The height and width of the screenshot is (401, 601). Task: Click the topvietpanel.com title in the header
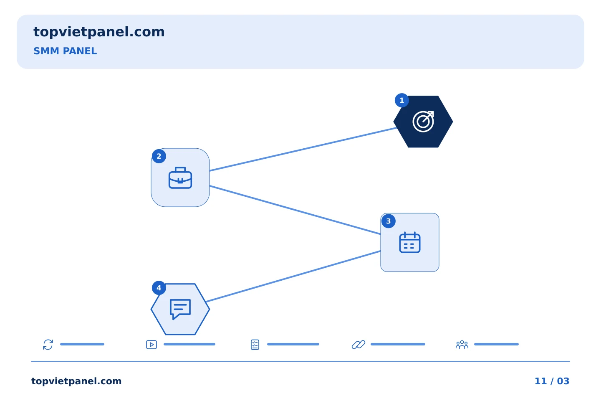[99, 32]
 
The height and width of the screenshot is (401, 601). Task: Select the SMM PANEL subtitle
[65, 51]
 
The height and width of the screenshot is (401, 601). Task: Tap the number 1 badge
[402, 100]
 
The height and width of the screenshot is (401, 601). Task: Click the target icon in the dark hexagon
[423, 122]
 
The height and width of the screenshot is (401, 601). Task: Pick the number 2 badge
[159, 156]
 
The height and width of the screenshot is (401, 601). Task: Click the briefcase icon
[180, 178]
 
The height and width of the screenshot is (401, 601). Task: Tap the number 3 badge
[388, 221]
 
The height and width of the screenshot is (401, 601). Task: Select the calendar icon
[410, 242]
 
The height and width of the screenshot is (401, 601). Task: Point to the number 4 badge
[159, 288]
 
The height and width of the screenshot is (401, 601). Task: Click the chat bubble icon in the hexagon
[180, 309]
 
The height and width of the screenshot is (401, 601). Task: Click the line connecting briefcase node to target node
[303, 150]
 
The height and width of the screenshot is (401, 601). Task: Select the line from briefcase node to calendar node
[295, 210]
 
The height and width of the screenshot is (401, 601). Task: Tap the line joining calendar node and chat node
[293, 277]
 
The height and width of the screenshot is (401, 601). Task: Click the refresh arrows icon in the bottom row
[48, 345]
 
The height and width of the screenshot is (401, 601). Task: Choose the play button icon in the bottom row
[152, 345]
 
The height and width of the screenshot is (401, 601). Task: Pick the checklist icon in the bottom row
[255, 345]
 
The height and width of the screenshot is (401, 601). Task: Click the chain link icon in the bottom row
[359, 345]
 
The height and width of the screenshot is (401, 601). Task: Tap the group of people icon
[462, 345]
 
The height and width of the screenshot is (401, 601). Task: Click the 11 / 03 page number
[552, 381]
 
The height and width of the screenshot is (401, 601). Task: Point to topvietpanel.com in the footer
[76, 381]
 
